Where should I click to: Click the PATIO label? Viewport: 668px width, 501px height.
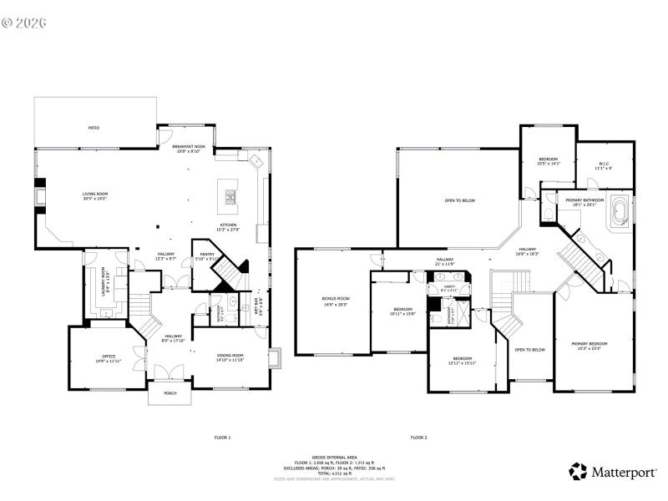94,128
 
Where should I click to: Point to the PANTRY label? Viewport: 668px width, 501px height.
205,256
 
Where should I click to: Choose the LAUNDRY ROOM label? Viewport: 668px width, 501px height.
105,281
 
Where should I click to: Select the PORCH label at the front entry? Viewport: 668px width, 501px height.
170,393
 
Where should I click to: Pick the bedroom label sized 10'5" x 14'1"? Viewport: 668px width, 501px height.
548,160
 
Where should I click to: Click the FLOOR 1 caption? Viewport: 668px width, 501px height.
222,437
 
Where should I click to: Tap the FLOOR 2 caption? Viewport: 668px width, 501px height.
418,437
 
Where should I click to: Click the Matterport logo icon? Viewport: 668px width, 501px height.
578,471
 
